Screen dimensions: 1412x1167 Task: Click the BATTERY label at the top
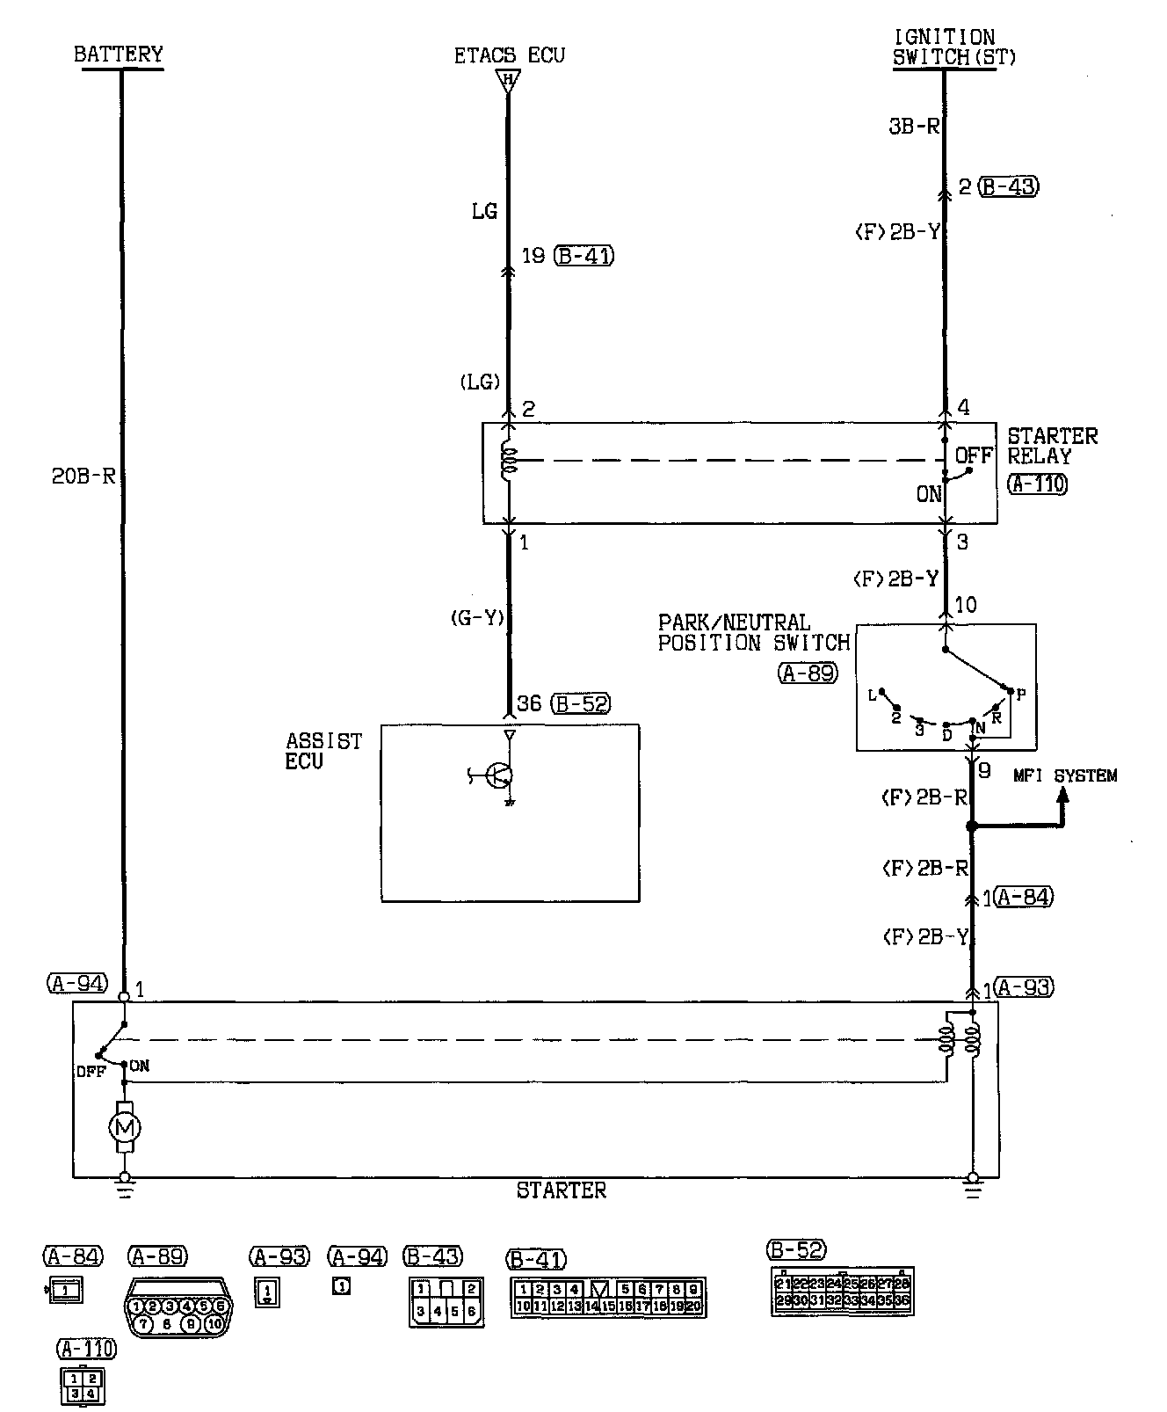click(x=119, y=55)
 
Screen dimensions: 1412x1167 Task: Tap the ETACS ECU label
click(x=509, y=55)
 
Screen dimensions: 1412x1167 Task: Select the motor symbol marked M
click(x=124, y=1126)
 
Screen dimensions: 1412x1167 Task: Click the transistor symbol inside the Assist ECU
click(x=499, y=775)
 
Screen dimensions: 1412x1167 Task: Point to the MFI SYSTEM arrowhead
click(x=1062, y=792)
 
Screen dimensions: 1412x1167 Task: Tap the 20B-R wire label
click(x=84, y=477)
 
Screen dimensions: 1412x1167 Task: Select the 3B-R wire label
click(x=914, y=126)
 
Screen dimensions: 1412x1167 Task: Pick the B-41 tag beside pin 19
click(x=584, y=256)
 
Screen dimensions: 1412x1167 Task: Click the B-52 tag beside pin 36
click(x=581, y=703)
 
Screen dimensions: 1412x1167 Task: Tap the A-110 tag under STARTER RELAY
click(x=1038, y=483)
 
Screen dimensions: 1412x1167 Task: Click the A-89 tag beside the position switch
click(x=808, y=673)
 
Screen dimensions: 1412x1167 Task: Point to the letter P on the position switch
click(x=1021, y=693)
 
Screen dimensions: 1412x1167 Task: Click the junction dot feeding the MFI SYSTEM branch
click(x=972, y=826)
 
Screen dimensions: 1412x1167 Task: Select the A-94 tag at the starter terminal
click(x=76, y=984)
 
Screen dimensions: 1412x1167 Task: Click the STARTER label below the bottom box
click(x=562, y=1190)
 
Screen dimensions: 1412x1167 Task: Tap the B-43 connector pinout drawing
click(x=446, y=1301)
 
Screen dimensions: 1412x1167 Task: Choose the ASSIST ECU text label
click(x=323, y=751)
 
